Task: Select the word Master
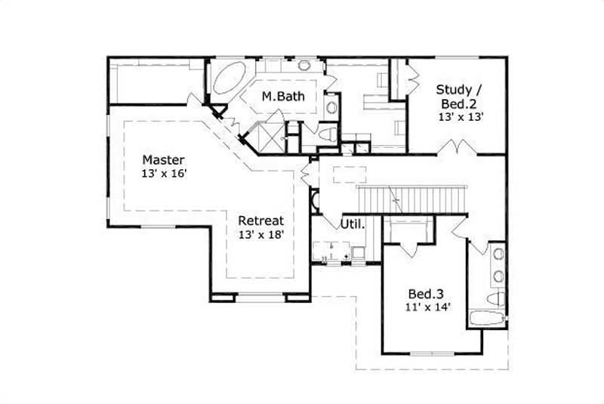[x=163, y=160]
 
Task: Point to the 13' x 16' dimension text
[x=163, y=174]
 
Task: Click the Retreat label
[x=261, y=221]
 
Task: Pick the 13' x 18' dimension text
[x=261, y=235]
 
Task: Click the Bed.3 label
[x=424, y=293]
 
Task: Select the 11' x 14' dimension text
[x=430, y=307]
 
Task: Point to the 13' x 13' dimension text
[x=460, y=117]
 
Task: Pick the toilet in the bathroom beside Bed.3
[x=495, y=299]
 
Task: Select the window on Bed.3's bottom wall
[x=430, y=353]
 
